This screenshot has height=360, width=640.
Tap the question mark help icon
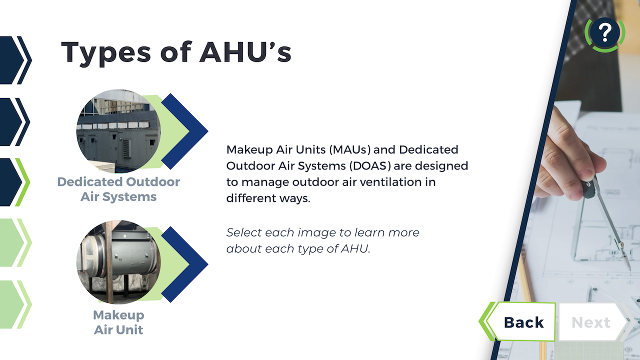click(604, 34)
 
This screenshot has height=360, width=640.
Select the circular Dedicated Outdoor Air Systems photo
click(118, 131)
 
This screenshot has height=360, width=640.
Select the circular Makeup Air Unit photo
click(118, 262)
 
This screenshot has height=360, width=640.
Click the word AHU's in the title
click(245, 52)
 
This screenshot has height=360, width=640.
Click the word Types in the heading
click(105, 53)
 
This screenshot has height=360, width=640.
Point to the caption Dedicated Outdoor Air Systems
click(118, 189)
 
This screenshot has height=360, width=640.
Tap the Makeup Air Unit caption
click(118, 322)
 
